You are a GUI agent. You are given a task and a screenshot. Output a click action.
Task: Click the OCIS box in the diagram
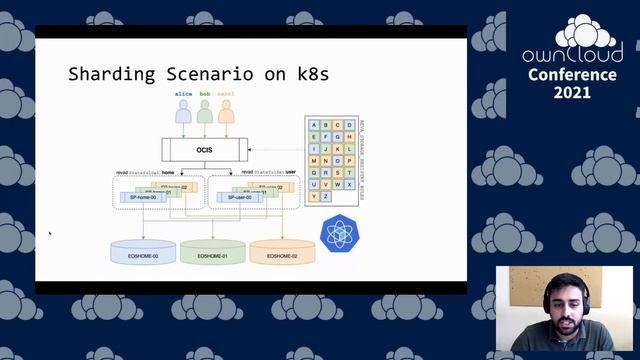click(x=204, y=151)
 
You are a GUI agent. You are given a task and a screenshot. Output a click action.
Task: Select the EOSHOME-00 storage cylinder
click(x=144, y=253)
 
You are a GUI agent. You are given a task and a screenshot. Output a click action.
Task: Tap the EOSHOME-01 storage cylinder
click(x=213, y=253)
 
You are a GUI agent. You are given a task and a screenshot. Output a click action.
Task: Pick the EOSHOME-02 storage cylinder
click(x=282, y=253)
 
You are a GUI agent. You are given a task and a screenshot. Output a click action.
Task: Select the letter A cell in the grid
click(x=314, y=125)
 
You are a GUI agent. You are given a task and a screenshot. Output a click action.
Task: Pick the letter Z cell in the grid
click(x=326, y=196)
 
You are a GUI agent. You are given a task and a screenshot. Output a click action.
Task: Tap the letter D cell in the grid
click(x=350, y=125)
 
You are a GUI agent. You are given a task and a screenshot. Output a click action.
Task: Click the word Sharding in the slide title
click(x=112, y=74)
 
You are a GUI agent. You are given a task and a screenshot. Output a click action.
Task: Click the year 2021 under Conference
click(x=572, y=92)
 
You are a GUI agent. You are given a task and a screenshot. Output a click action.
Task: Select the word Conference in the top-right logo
click(x=573, y=75)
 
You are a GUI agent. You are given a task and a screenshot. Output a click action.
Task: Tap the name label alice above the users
click(x=183, y=93)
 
